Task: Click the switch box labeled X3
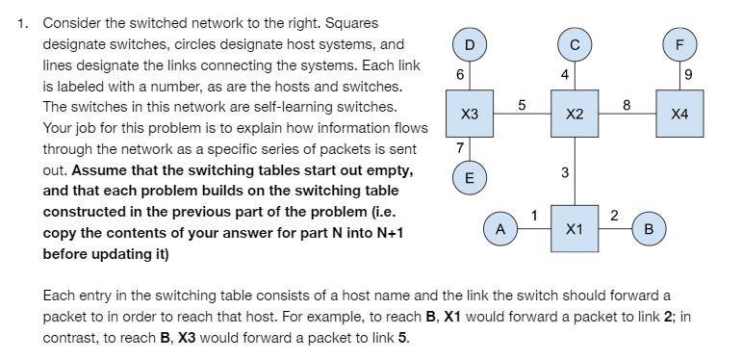tap(469, 114)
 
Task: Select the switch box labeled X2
tap(575, 114)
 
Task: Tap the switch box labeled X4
tap(679, 114)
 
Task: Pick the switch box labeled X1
tap(575, 229)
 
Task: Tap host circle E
tap(469, 178)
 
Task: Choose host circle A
tap(499, 229)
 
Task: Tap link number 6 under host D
tap(459, 74)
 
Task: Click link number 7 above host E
tap(459, 147)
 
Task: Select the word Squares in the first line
tap(352, 23)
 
